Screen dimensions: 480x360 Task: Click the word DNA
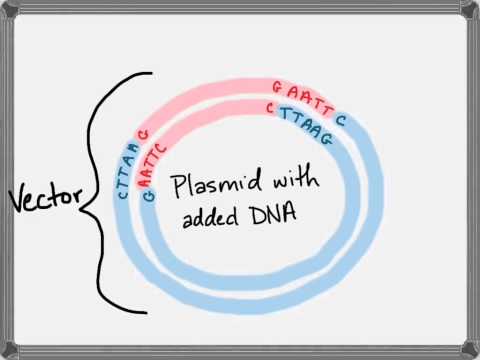(268, 215)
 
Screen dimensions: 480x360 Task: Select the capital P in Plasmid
(179, 188)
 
